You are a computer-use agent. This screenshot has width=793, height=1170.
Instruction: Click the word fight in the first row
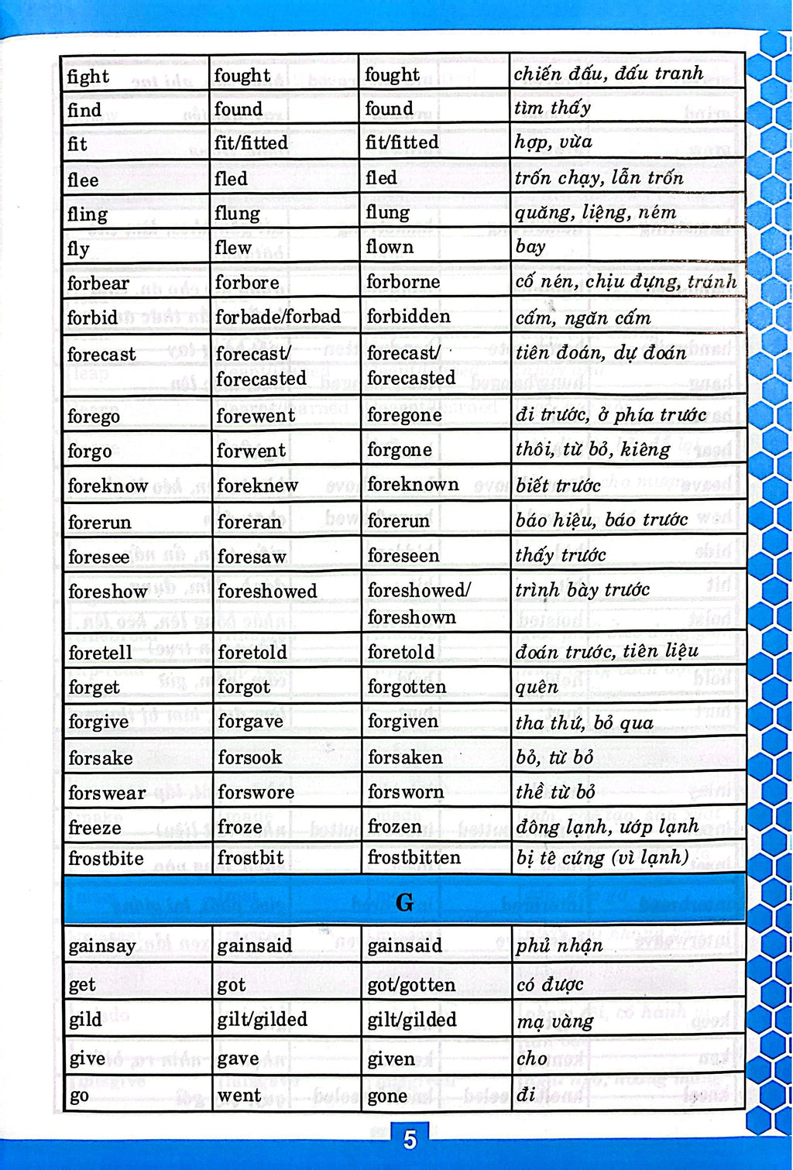point(88,76)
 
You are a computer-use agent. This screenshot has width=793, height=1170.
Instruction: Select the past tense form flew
point(233,248)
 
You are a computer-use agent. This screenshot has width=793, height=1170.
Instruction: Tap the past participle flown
point(390,247)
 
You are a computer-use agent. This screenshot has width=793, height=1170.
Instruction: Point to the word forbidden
point(408,317)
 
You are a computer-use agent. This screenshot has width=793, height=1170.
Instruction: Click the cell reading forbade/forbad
point(278,317)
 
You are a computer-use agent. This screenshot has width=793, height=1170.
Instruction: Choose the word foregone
point(404,415)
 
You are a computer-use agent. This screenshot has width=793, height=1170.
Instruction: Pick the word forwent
point(251,450)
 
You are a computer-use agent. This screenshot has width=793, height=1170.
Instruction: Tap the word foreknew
point(257,485)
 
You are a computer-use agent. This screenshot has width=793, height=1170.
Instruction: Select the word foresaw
point(252,557)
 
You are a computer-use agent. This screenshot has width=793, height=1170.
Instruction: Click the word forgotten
point(407,687)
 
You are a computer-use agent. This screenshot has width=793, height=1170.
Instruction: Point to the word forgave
point(250,722)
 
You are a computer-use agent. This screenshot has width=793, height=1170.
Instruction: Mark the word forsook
point(249,757)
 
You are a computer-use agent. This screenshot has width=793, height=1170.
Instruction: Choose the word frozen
point(394,826)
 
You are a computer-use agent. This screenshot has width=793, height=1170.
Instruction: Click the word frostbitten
point(414,857)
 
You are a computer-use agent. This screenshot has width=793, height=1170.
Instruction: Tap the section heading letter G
point(404,902)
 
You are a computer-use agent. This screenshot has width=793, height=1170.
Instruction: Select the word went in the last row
point(239,1095)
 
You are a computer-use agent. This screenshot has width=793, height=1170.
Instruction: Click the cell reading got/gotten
point(410,985)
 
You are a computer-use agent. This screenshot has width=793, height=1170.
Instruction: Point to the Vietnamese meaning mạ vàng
point(554,1021)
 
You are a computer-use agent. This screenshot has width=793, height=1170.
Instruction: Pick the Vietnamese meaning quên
point(537,688)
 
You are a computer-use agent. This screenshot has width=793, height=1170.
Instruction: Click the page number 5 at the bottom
point(410,1139)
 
